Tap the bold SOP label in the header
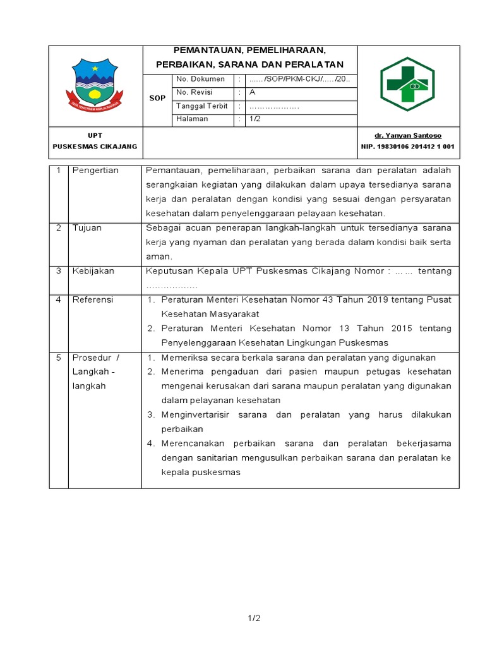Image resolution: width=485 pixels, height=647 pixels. click(157, 99)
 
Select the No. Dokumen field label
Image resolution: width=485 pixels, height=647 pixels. click(200, 79)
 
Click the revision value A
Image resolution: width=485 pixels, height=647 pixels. click(253, 92)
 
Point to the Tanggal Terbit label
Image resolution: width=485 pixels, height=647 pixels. click(201, 106)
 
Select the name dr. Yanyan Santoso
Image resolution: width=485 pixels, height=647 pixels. click(408, 136)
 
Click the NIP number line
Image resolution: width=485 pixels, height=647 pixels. click(407, 147)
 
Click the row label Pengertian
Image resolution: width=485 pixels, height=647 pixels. click(95, 171)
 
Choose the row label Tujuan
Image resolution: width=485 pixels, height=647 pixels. click(87, 228)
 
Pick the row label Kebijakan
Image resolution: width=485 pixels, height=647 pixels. click(93, 271)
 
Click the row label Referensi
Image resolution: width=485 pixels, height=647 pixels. click(93, 299)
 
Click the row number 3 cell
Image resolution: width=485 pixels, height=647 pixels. click(58, 271)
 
